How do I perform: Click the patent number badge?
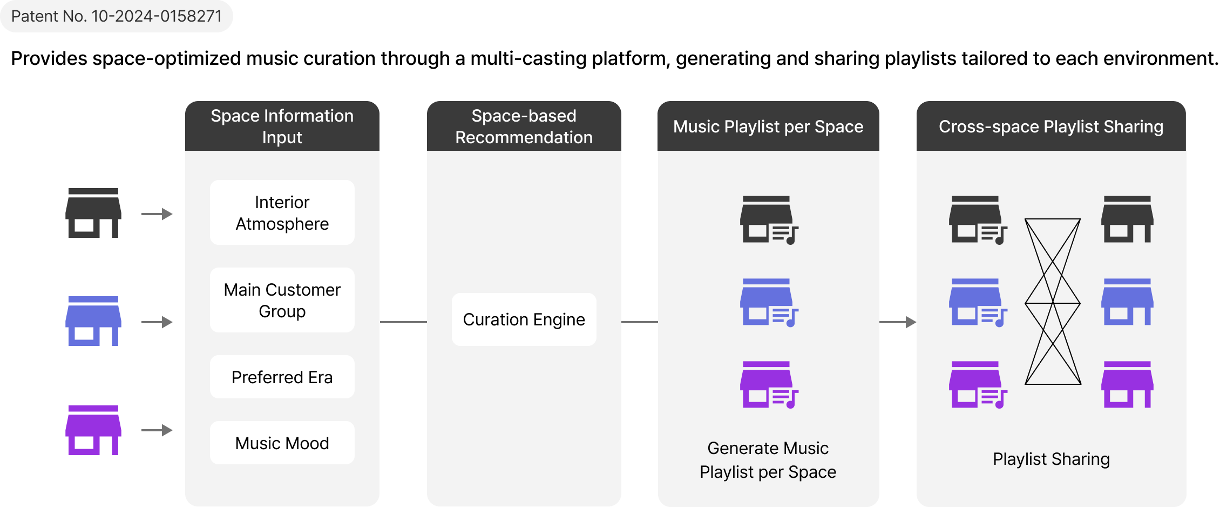pyautogui.click(x=116, y=16)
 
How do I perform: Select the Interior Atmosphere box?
pyautogui.click(x=282, y=212)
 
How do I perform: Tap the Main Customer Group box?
pyautogui.click(x=282, y=300)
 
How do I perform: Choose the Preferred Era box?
pyautogui.click(x=282, y=377)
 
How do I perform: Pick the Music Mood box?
pyautogui.click(x=282, y=443)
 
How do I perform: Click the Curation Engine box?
pyautogui.click(x=524, y=319)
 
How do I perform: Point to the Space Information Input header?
pyautogui.click(x=282, y=126)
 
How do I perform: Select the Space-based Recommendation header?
pyautogui.click(x=524, y=126)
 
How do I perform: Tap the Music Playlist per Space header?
pyautogui.click(x=768, y=126)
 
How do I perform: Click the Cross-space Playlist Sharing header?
pyautogui.click(x=1051, y=126)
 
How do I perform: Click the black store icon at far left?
pyautogui.click(x=93, y=213)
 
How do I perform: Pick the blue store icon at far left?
pyautogui.click(x=93, y=321)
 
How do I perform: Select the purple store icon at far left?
pyautogui.click(x=93, y=430)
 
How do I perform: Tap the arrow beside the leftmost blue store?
pyautogui.click(x=157, y=322)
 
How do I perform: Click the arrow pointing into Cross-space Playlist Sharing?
pyautogui.click(x=898, y=322)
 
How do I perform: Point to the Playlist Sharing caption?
pyautogui.click(x=1051, y=459)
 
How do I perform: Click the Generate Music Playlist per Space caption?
pyautogui.click(x=768, y=460)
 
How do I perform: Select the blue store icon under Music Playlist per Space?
pyautogui.click(x=769, y=303)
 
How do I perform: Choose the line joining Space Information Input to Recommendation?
pyautogui.click(x=403, y=322)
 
